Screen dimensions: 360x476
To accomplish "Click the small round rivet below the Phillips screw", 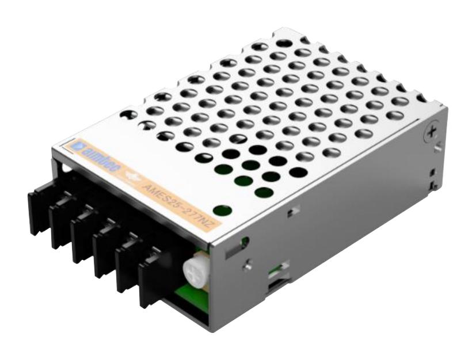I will [x=439, y=149].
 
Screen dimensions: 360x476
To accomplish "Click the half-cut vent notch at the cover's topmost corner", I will [x=284, y=42].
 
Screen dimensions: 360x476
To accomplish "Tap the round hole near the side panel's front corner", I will [x=245, y=242].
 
